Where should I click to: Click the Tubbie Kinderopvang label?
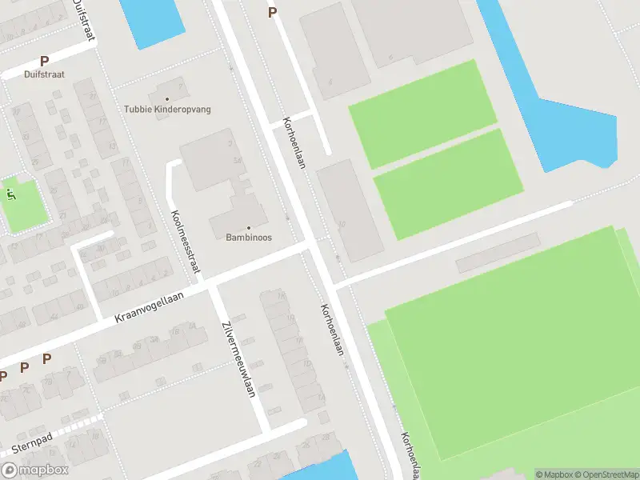point(167,109)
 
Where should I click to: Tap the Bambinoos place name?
point(248,238)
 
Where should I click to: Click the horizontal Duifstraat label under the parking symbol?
point(44,74)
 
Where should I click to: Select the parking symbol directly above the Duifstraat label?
point(44,61)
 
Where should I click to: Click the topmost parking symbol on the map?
point(272,12)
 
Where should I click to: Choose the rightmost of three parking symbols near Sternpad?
point(46,359)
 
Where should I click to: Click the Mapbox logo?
point(35,470)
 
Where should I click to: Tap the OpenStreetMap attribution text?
point(610,474)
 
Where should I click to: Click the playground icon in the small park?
point(11,193)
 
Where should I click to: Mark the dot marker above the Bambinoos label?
point(248,227)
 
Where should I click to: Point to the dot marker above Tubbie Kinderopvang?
point(167,98)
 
